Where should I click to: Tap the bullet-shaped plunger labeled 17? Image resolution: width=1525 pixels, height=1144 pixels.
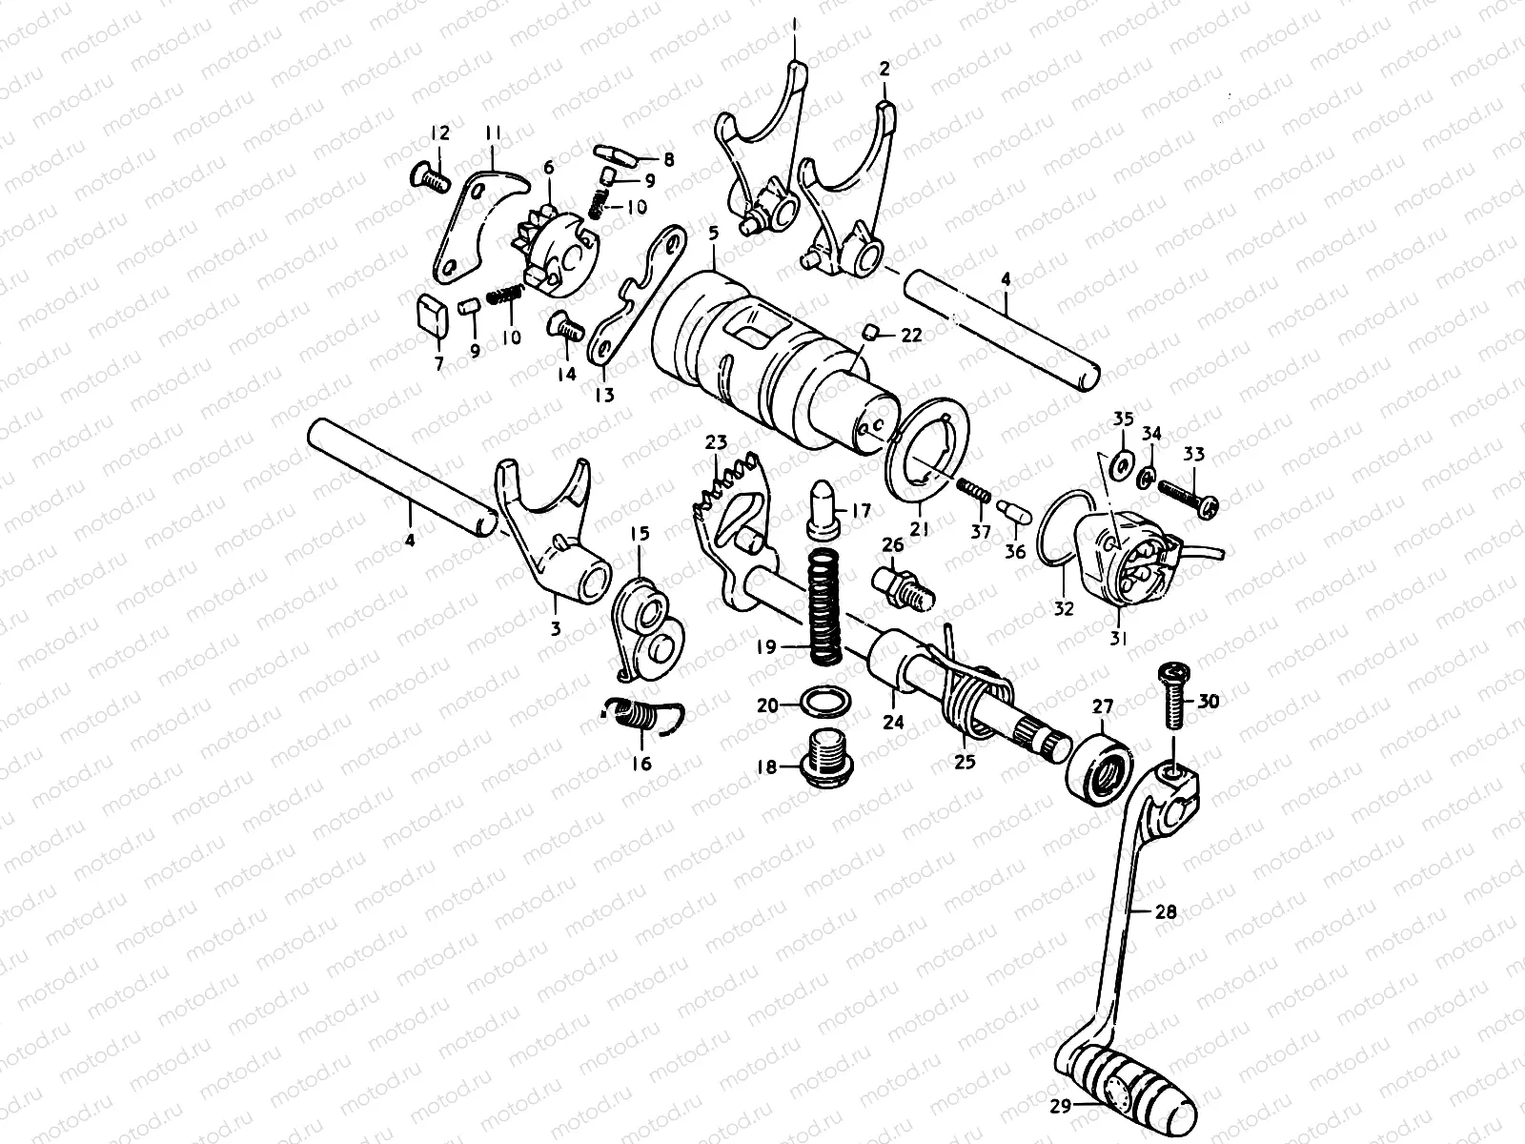tap(823, 504)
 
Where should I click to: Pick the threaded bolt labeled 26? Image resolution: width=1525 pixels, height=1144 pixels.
tap(898, 585)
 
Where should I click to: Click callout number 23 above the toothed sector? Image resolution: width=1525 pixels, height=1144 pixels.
tap(716, 441)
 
